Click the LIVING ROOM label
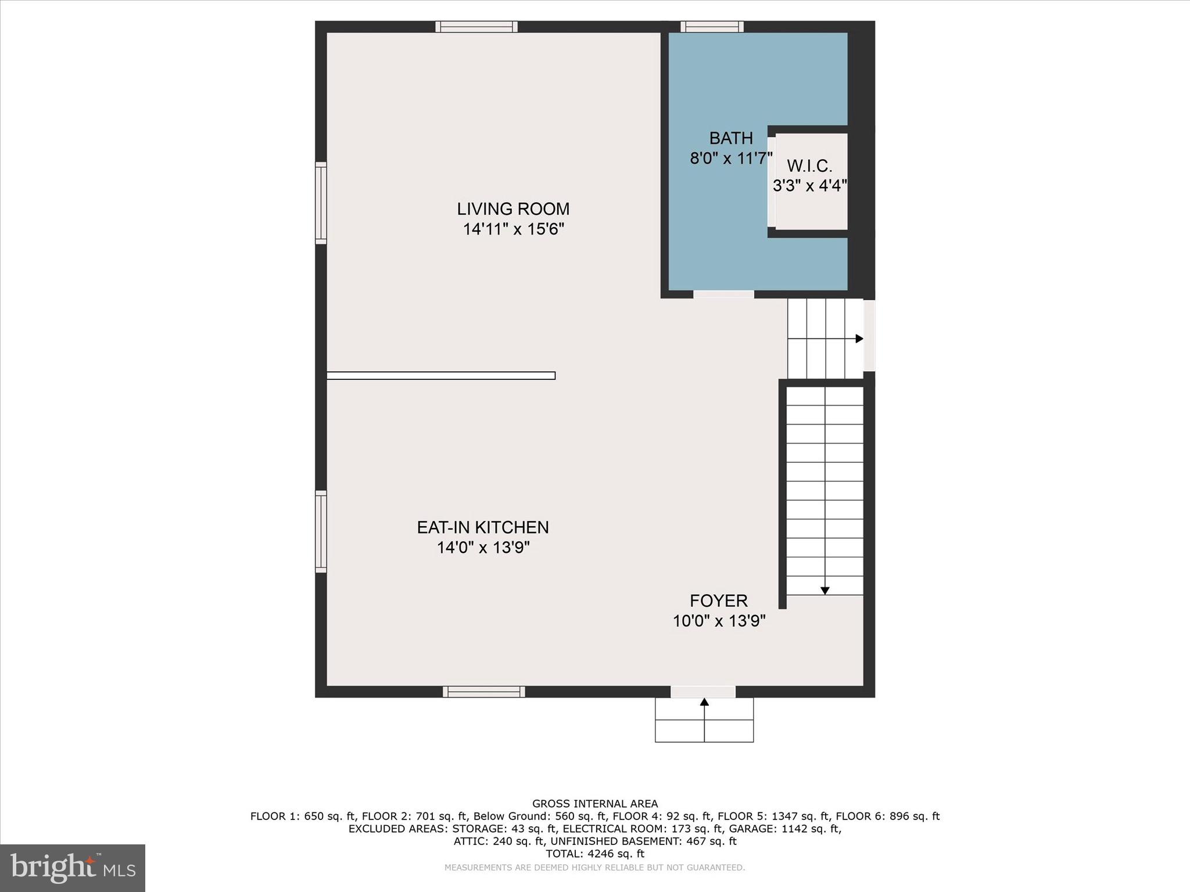coord(513,208)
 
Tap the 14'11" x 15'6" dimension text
coord(513,229)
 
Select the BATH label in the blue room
coord(731,138)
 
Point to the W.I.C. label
coord(809,166)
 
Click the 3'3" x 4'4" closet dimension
coord(809,186)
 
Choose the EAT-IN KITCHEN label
coord(483,527)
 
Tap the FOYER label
coord(719,600)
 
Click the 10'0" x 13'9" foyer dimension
coord(719,621)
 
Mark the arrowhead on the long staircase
coord(825,591)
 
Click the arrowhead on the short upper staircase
coord(859,339)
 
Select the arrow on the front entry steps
coord(704,702)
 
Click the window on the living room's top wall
coord(476,27)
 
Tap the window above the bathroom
coord(712,27)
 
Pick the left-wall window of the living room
coord(321,203)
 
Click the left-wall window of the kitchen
coord(321,531)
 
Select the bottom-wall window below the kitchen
coord(483,692)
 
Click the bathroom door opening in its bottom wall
coord(723,294)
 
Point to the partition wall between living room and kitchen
coord(440,376)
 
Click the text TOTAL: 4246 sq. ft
coord(595,854)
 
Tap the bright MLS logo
coord(73,868)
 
